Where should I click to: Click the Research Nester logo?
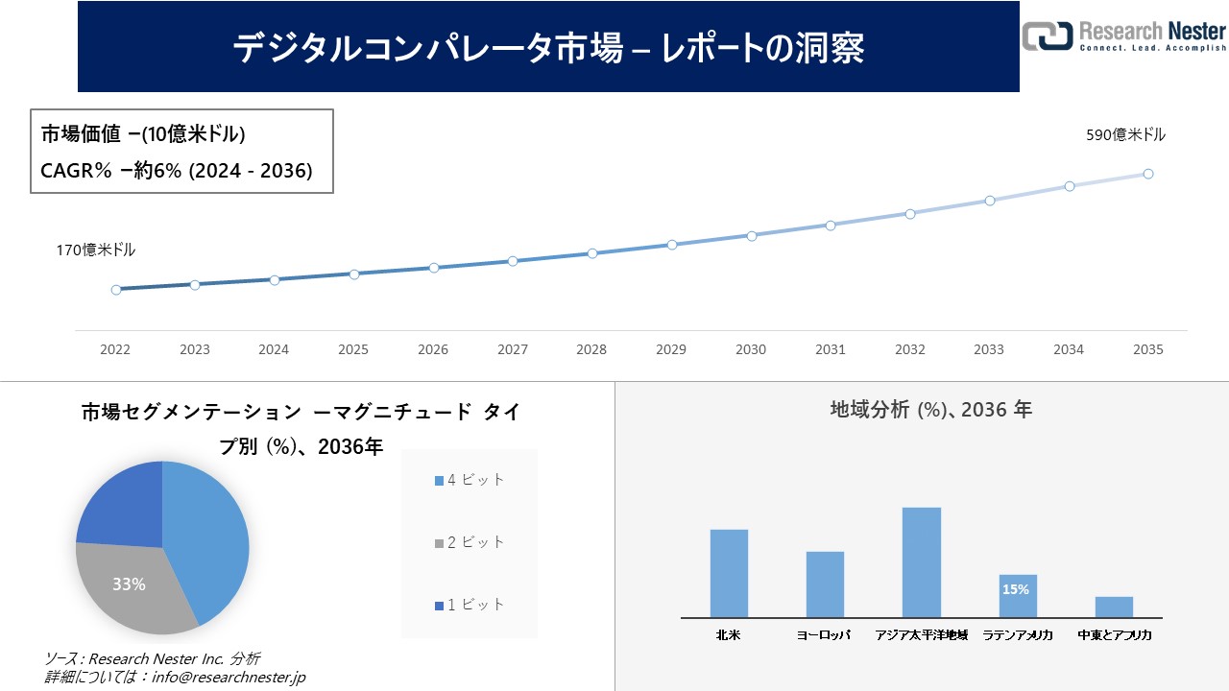tap(1124, 36)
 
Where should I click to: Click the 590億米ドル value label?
tap(1125, 135)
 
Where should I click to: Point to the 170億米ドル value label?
tap(95, 250)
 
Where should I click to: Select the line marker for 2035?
tap(1147, 174)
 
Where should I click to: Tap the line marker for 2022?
tap(116, 289)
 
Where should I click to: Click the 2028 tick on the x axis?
tap(591, 349)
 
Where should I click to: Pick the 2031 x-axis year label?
tap(831, 349)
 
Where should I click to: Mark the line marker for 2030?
tap(751, 235)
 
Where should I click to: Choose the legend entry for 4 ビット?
tap(470, 480)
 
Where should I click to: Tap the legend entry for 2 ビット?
tap(470, 542)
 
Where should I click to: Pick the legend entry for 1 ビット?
tap(470, 605)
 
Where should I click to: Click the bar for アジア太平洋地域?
tap(921, 562)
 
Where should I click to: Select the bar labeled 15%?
tap(1017, 596)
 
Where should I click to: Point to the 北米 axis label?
tap(729, 635)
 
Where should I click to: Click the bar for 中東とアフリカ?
tap(1114, 607)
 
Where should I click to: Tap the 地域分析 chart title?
tap(930, 410)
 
